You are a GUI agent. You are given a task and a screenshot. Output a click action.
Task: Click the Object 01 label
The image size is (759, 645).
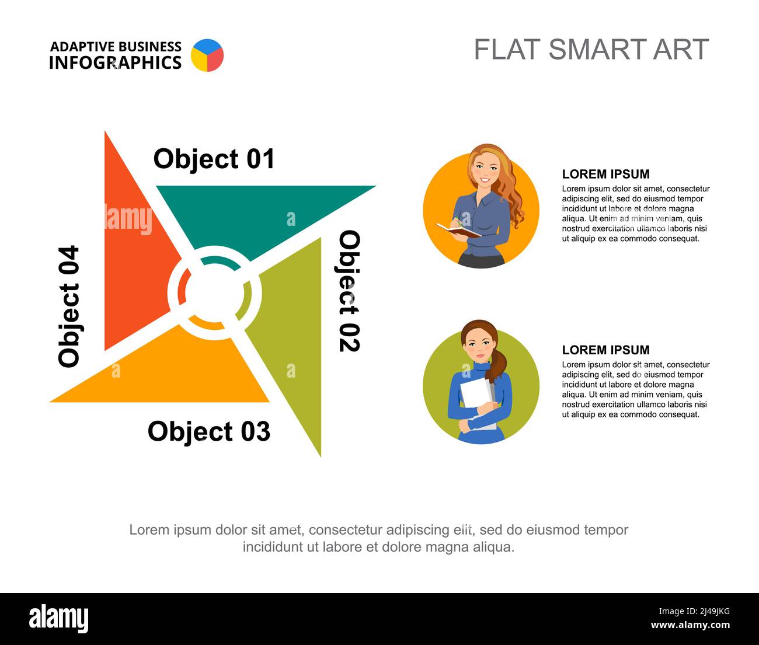pyautogui.click(x=214, y=159)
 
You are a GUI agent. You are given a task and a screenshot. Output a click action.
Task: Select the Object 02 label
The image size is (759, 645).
pyautogui.click(x=350, y=291)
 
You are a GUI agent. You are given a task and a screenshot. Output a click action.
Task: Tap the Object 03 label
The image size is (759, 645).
pyautogui.click(x=209, y=432)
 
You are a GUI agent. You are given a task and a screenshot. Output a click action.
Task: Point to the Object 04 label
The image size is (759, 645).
pyautogui.click(x=69, y=306)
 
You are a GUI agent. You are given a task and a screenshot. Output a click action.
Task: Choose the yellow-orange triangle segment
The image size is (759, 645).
pyautogui.click(x=175, y=374)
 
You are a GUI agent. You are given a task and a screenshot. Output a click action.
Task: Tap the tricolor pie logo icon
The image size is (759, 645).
pyautogui.click(x=207, y=55)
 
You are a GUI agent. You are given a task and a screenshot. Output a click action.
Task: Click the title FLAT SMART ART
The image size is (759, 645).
pyautogui.click(x=591, y=50)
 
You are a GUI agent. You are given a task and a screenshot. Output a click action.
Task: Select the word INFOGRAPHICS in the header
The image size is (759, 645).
pyautogui.click(x=115, y=62)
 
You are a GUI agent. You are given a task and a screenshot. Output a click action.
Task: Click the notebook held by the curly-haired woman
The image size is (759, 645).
pyautogui.click(x=458, y=230)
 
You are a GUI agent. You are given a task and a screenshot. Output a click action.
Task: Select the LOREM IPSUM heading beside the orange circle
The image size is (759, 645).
pyautogui.click(x=605, y=174)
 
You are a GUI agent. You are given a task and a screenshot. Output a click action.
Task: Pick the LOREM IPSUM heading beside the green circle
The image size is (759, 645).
pyautogui.click(x=605, y=350)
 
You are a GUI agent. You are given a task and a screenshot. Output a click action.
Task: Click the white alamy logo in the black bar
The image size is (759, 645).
pyautogui.click(x=58, y=619)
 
